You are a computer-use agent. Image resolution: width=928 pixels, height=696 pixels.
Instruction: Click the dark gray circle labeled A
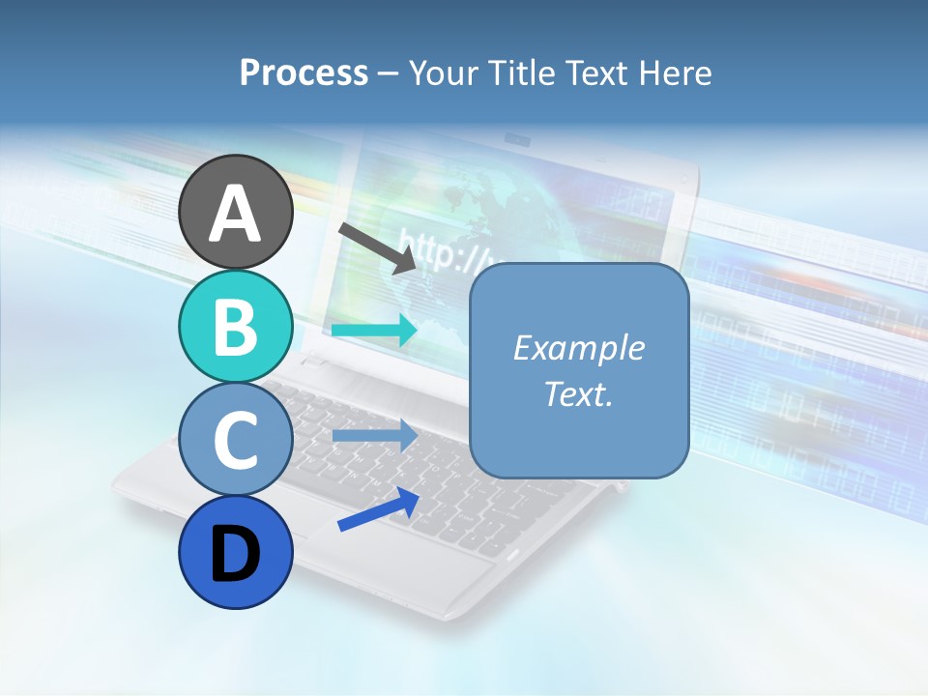click(235, 212)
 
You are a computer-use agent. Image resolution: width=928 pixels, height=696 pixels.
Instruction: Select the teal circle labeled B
click(235, 326)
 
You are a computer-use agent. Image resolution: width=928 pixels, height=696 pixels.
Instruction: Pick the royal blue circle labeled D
click(235, 552)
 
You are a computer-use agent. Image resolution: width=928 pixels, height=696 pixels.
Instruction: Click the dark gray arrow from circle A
click(377, 247)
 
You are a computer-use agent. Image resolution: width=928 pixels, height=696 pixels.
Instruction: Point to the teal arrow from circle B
click(374, 331)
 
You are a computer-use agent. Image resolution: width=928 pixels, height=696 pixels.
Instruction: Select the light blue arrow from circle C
click(374, 436)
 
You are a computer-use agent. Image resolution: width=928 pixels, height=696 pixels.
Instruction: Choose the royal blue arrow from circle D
click(378, 509)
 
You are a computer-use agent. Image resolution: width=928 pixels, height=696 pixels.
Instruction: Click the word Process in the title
click(304, 72)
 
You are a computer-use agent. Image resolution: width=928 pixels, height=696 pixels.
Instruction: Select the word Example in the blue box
click(578, 348)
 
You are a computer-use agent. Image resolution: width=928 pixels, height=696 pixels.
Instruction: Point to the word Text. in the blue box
click(578, 393)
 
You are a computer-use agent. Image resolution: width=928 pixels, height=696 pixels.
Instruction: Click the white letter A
click(235, 214)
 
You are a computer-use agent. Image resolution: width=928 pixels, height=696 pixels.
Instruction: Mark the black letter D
click(235, 554)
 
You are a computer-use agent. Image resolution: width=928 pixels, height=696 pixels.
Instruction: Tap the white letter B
click(235, 328)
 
